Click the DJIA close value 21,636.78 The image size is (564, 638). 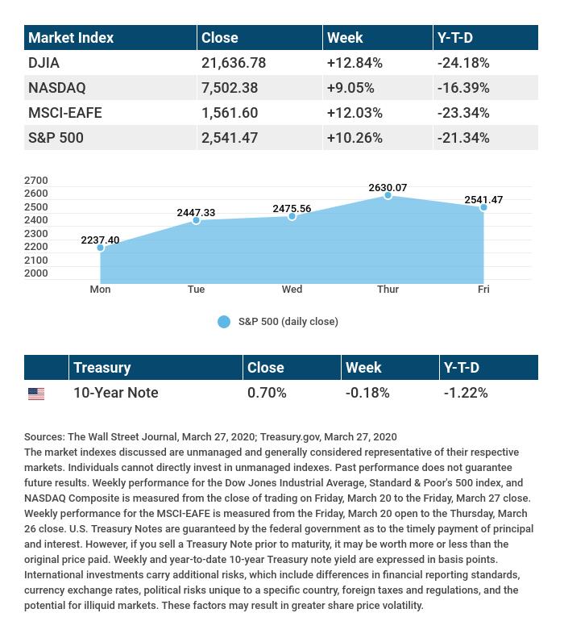pyautogui.click(x=233, y=63)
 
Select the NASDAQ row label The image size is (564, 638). pyautogui.click(x=56, y=88)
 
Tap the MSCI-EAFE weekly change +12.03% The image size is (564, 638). pyautogui.click(x=355, y=113)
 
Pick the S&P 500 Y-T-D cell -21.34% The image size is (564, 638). pyautogui.click(x=463, y=138)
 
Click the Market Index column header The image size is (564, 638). pyautogui.click(x=71, y=38)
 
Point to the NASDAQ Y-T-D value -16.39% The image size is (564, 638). pyautogui.click(x=463, y=88)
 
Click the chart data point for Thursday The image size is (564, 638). pyautogui.click(x=388, y=195)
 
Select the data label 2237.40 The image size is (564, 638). pyautogui.click(x=100, y=240)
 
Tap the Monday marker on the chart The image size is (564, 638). pyautogui.click(x=101, y=248)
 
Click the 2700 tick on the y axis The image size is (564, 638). pyautogui.click(x=36, y=181)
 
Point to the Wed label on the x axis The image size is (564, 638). pyautogui.click(x=292, y=290)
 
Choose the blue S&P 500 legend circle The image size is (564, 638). pyautogui.click(x=224, y=322)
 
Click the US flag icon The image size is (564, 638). pyautogui.click(x=36, y=394)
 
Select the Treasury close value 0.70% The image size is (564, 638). pyautogui.click(x=267, y=393)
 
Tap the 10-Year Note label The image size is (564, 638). pyautogui.click(x=115, y=393)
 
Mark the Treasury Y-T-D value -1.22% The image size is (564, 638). pyautogui.click(x=466, y=393)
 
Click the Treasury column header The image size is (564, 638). pyautogui.click(x=102, y=368)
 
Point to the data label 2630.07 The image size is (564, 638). pyautogui.click(x=388, y=188)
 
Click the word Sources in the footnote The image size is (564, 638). pyautogui.click(x=44, y=437)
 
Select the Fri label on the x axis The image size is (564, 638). pyautogui.click(x=483, y=290)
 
